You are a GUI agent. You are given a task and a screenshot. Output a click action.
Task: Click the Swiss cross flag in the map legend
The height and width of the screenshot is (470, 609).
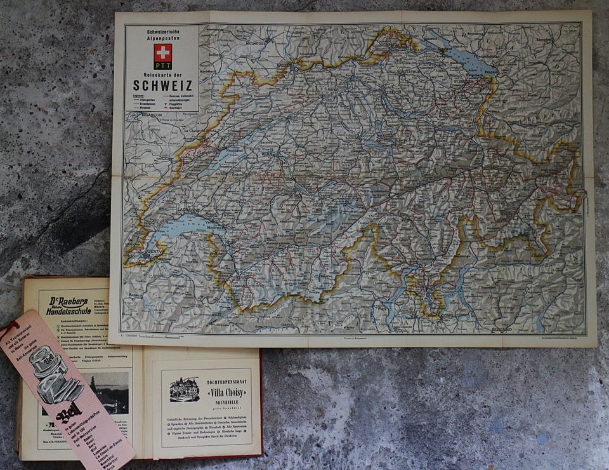pyautogui.click(x=162, y=53)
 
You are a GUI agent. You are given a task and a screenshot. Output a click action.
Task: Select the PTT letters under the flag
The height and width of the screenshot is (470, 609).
pyautogui.click(x=162, y=65)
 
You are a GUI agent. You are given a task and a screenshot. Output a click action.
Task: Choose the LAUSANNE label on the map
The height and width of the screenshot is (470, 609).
pyautogui.click(x=188, y=209)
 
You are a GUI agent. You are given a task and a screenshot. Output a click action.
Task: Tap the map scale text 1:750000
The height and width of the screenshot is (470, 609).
pyautogui.click(x=130, y=335)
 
